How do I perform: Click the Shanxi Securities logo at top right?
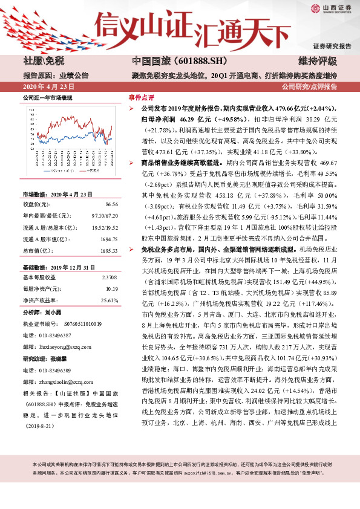coord(332,9)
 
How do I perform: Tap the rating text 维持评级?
coord(320,62)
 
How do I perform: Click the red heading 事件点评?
coord(140,97)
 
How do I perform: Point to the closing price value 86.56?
coord(110,205)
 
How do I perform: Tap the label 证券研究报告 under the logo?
coord(332,46)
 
